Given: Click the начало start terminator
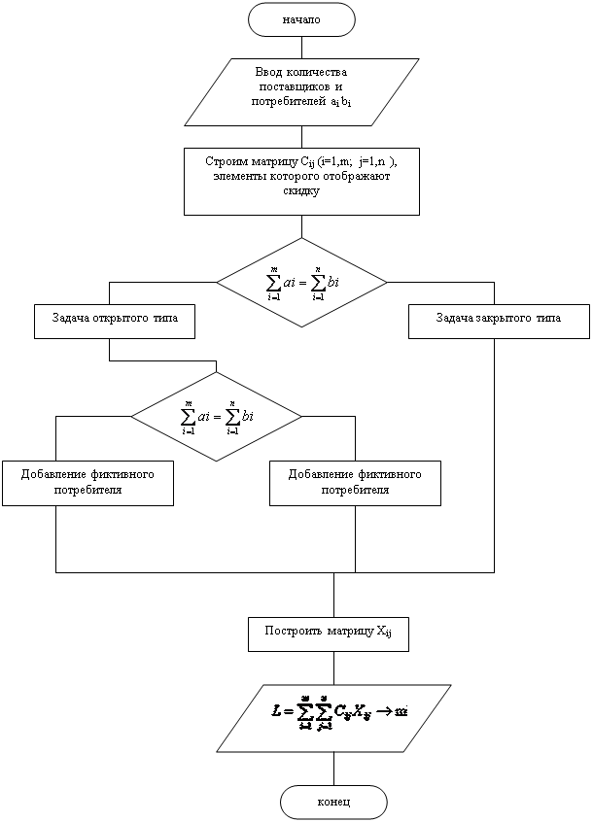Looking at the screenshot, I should (301, 18).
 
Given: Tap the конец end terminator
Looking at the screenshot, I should (333, 803).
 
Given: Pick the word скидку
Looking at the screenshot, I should (301, 190).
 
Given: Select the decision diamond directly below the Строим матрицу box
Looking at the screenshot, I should (301, 282).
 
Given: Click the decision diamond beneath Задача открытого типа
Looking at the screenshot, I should (217, 416).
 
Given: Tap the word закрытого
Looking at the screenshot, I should (504, 319).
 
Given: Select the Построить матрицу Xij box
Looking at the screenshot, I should (329, 634).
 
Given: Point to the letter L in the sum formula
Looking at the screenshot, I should (278, 711).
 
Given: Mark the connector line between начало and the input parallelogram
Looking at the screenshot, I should (301, 47).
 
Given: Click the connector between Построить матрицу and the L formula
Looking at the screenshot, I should (333, 668).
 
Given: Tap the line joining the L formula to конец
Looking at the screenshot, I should (333, 769).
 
